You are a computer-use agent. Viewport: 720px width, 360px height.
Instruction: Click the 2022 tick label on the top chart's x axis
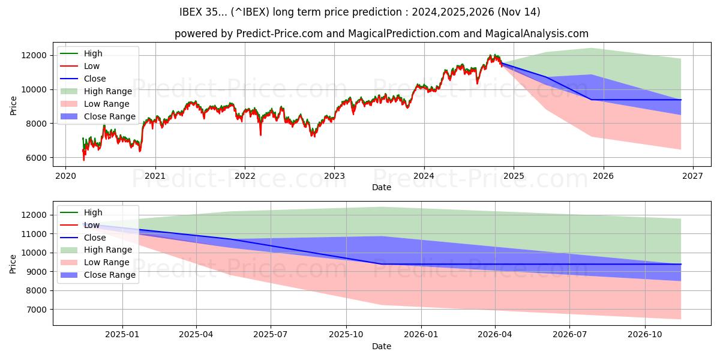[x=245, y=176]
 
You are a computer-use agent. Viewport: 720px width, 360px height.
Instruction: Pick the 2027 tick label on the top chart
[x=693, y=176]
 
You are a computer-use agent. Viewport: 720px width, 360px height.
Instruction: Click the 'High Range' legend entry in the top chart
[x=108, y=91]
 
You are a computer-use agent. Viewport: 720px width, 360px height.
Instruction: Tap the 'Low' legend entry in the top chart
[x=92, y=66]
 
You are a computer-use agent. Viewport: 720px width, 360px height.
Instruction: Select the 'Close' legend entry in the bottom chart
[x=95, y=238]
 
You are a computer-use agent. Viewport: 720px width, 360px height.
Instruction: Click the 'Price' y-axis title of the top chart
[x=14, y=105]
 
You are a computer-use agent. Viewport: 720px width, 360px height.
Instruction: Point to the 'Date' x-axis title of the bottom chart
[x=382, y=346]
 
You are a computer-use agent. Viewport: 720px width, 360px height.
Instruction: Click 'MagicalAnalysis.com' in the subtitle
[x=538, y=34]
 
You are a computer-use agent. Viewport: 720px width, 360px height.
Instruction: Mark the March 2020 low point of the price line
[x=84, y=160]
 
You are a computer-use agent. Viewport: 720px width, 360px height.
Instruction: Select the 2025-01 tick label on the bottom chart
[x=122, y=335]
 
